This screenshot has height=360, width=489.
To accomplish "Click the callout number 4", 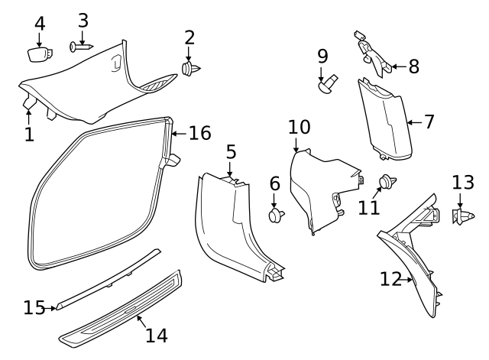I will (40, 23).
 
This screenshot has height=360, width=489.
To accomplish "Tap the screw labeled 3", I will (80, 47).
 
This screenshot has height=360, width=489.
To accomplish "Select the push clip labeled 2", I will (190, 70).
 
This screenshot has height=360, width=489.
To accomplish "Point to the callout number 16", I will (199, 133).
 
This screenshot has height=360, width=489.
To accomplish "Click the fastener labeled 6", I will (276, 216).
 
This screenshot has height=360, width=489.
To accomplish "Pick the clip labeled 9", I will (328, 82).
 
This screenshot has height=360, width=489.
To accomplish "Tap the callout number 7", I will (429, 121).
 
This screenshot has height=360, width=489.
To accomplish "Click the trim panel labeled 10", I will (325, 191).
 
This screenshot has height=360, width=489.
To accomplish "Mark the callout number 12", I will (390, 279).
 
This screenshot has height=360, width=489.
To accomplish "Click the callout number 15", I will (34, 307).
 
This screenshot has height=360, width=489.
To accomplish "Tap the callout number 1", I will (29, 135).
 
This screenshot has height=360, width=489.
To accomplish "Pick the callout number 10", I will (300, 126).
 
